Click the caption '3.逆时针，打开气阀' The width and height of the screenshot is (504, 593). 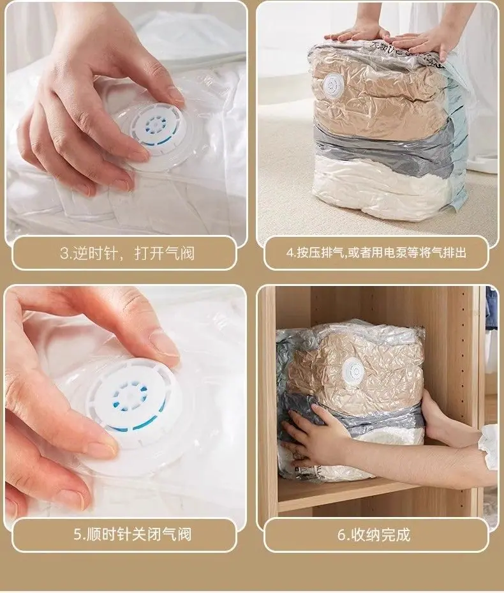127,253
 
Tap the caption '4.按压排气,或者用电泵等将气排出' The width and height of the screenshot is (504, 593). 376,252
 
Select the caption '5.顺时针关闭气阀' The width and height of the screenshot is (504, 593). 132,534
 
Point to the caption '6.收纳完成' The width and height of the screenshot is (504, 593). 374,535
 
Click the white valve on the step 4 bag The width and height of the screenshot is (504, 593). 334,86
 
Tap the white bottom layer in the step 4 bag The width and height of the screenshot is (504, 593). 382,189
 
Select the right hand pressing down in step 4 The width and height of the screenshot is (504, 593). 424,42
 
